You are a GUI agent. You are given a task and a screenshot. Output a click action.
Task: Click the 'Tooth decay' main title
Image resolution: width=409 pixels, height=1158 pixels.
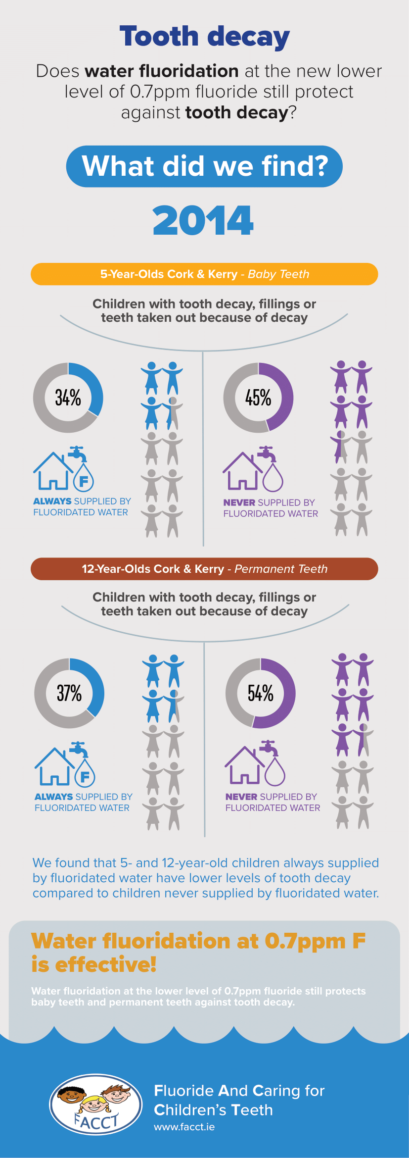pos(204,37)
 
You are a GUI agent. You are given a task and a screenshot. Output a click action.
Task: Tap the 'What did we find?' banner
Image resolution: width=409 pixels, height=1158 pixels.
pos(204,166)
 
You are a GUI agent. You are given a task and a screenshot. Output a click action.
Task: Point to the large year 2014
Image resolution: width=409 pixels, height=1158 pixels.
pos(203,220)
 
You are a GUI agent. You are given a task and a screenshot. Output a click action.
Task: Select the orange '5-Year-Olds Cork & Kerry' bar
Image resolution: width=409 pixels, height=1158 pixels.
pos(204,274)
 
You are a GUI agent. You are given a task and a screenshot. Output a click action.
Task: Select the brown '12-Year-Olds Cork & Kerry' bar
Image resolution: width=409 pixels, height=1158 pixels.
pos(204,569)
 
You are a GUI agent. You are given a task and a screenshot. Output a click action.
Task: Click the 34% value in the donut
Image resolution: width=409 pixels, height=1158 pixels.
pos(68,398)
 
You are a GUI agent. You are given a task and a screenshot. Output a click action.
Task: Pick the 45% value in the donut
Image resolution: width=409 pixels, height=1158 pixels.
pos(258,398)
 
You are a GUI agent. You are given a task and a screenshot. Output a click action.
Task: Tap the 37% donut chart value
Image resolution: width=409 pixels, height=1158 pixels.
pos(69,693)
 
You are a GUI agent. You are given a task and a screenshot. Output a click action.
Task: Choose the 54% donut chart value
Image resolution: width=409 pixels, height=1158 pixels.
pos(261,693)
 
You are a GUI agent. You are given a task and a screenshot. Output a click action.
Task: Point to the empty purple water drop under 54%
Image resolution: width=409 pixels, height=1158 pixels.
pos(275,772)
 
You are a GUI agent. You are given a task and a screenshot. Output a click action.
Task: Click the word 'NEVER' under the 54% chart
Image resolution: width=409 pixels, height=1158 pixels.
pos(241,797)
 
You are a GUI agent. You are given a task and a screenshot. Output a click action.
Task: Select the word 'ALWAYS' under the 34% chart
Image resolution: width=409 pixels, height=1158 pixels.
pos(52,502)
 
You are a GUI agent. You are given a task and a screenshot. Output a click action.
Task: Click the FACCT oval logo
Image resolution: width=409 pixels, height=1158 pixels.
pos(95,1104)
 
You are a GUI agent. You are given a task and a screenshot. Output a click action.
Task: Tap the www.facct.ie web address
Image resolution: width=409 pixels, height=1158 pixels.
pos(184,1127)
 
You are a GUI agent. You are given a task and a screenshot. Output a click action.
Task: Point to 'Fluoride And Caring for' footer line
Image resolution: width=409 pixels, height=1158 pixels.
pos(239,1091)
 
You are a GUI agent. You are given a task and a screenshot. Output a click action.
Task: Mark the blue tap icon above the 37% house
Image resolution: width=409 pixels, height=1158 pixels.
pos(79,749)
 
